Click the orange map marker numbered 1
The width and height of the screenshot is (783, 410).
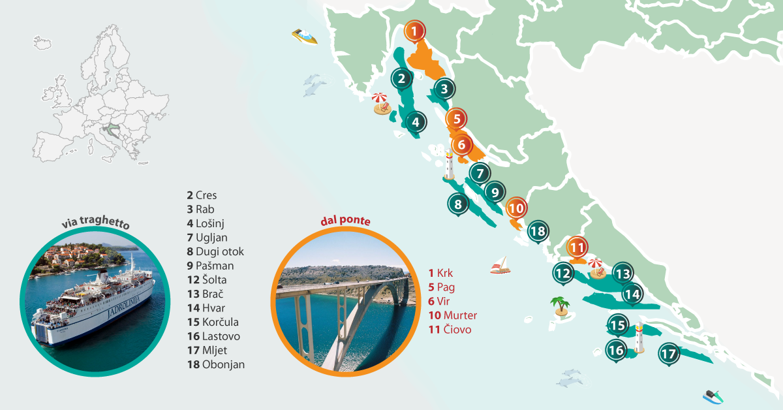click(414, 31)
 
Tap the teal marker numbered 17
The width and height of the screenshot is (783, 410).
click(668, 355)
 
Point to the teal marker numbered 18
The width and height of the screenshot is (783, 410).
click(538, 231)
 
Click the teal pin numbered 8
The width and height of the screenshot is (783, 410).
click(458, 204)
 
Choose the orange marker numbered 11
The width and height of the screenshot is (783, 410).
click(576, 247)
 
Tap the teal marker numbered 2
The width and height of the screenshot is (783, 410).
click(402, 80)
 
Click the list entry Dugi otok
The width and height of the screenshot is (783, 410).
click(215, 251)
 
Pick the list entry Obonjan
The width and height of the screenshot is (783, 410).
click(215, 364)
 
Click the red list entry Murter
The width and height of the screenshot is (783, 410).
click(452, 315)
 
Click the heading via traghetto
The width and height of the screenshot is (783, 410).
click(95, 224)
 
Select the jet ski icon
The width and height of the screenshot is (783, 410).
click(713, 396)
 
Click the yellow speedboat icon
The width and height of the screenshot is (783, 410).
click(305, 37)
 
